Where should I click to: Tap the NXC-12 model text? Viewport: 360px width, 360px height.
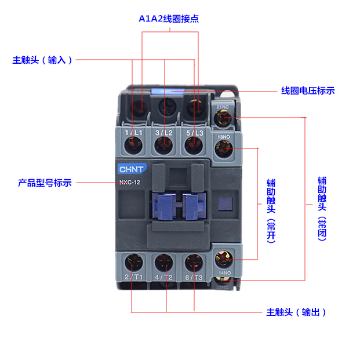(130, 183)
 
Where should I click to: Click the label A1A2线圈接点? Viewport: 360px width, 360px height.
(169, 19)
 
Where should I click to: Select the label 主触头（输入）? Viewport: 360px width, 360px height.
(43, 60)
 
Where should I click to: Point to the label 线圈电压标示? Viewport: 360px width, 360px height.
(308, 90)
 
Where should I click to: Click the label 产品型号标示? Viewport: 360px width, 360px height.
(45, 183)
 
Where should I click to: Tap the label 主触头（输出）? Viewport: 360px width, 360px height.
(297, 312)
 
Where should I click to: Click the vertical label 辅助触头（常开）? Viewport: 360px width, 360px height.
(270, 209)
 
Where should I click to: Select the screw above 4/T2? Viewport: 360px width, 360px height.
(165, 262)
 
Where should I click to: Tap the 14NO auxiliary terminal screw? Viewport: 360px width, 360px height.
(224, 256)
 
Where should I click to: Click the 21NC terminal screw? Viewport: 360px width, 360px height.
(223, 119)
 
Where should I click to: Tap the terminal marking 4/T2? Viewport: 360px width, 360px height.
(165, 277)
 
